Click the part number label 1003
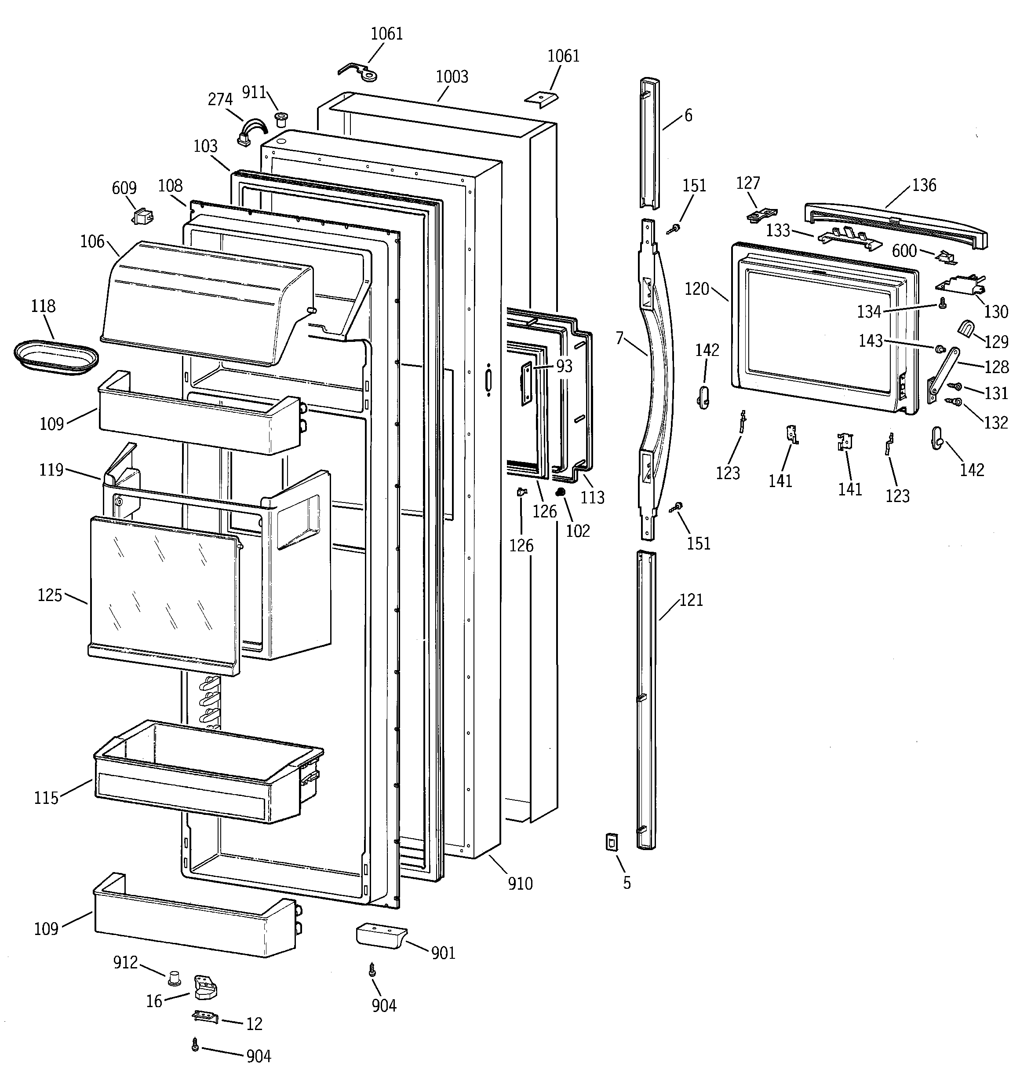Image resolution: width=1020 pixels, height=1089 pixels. click(452, 77)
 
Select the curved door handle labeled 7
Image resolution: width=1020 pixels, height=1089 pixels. click(656, 373)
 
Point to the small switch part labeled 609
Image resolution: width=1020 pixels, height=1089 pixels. click(143, 217)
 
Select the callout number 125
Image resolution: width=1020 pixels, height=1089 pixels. click(50, 595)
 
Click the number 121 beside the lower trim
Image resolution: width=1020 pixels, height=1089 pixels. click(691, 600)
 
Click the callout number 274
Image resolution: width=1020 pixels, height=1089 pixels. click(220, 99)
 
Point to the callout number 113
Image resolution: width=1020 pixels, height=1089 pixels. click(592, 497)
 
